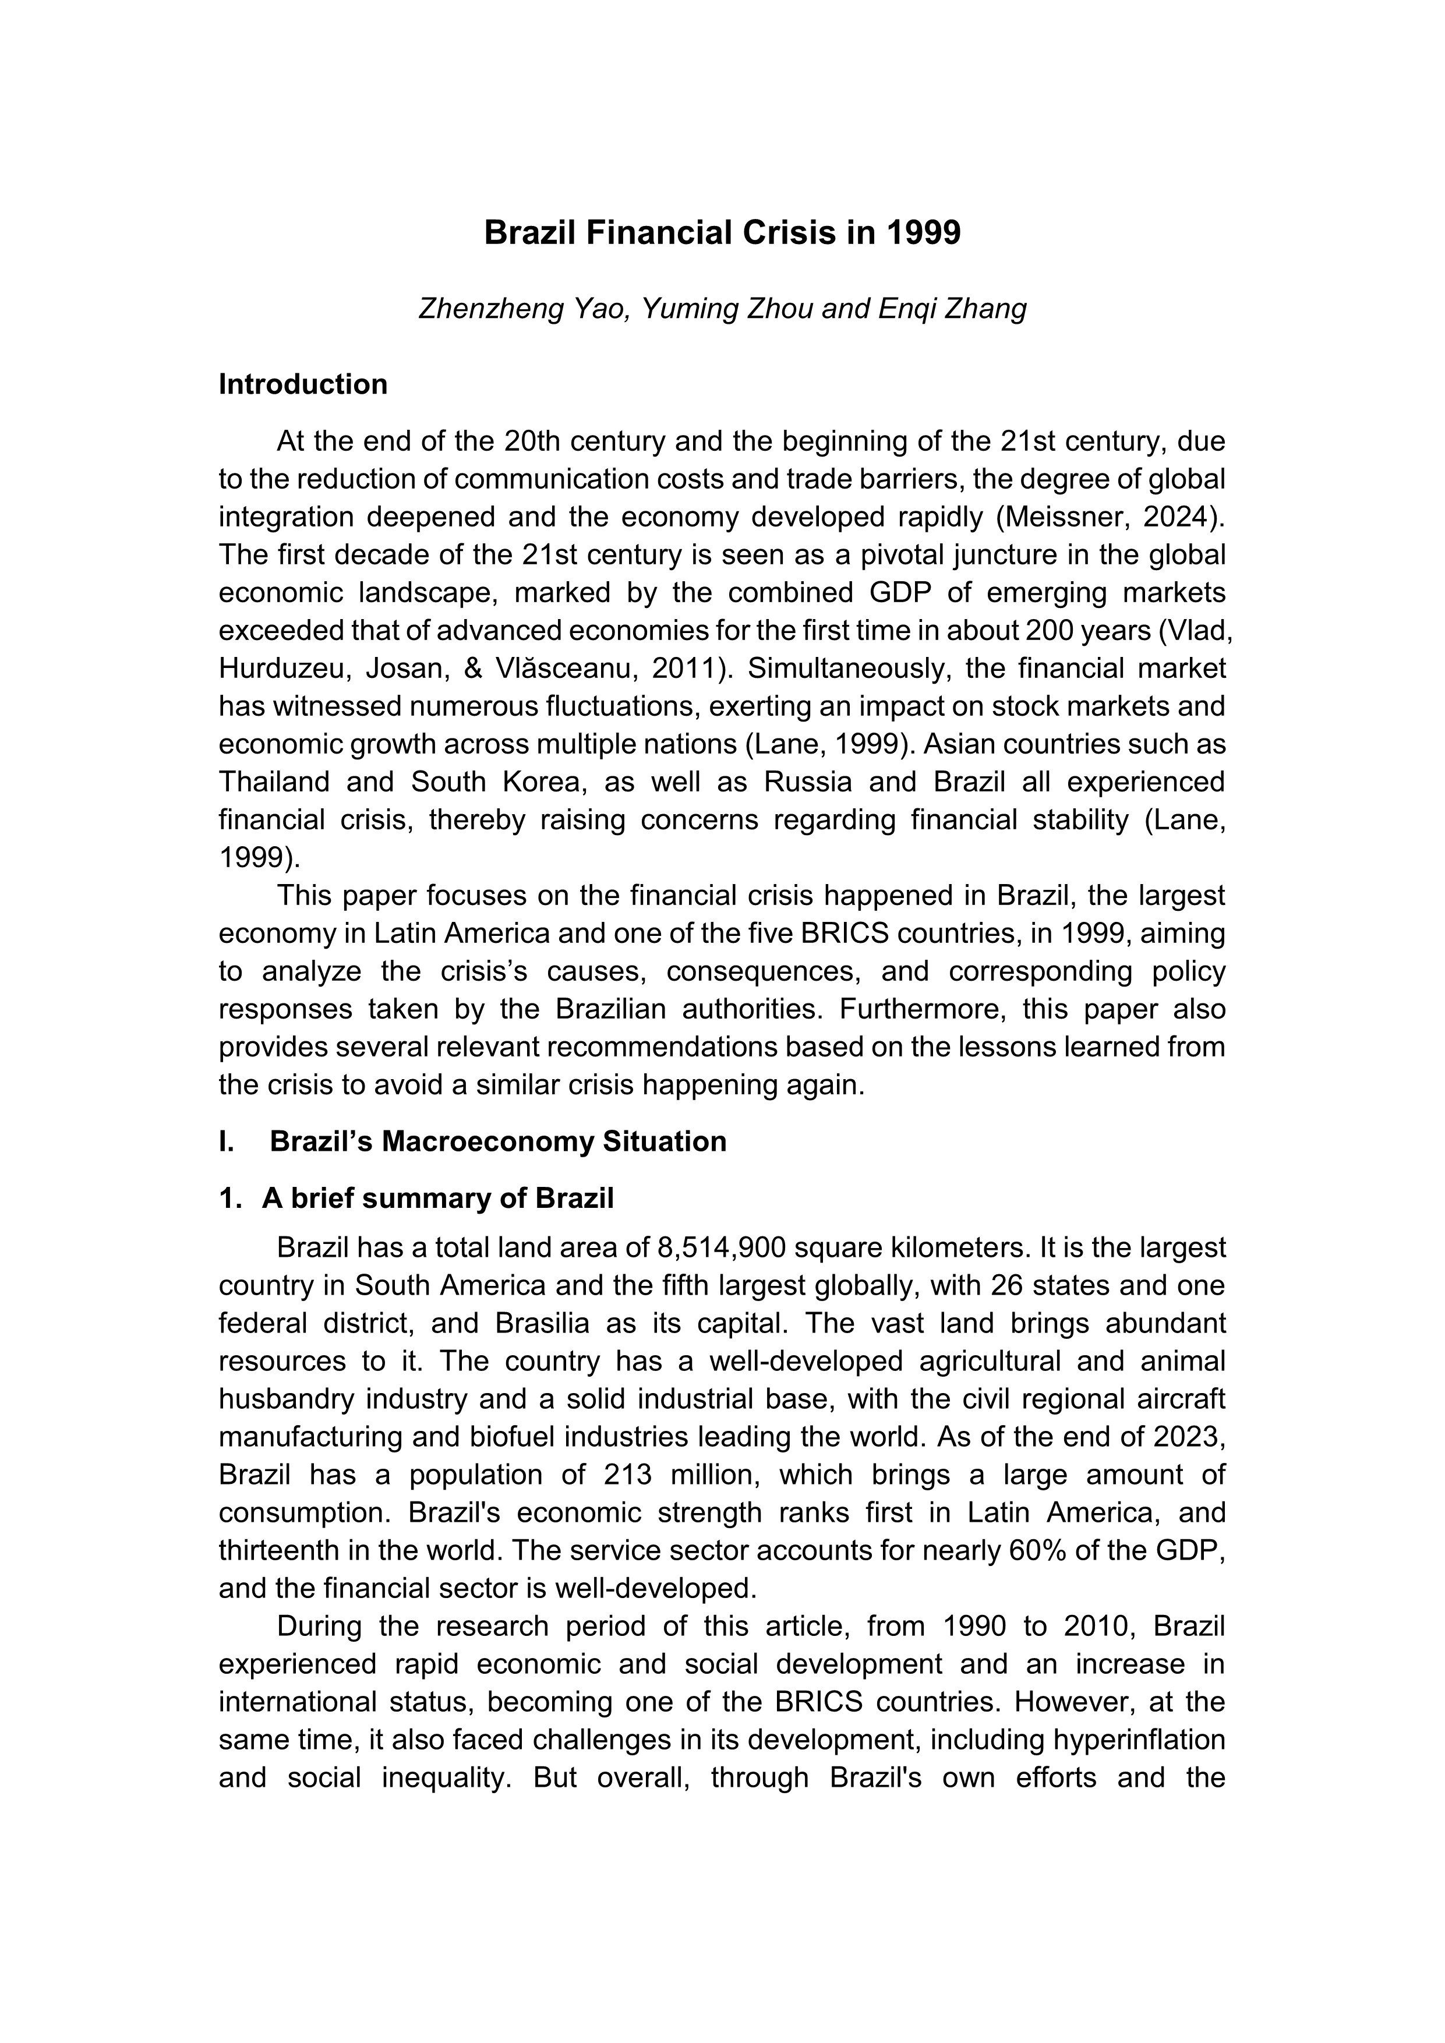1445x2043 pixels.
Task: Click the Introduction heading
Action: tap(303, 384)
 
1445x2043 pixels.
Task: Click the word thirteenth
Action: tap(280, 1550)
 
